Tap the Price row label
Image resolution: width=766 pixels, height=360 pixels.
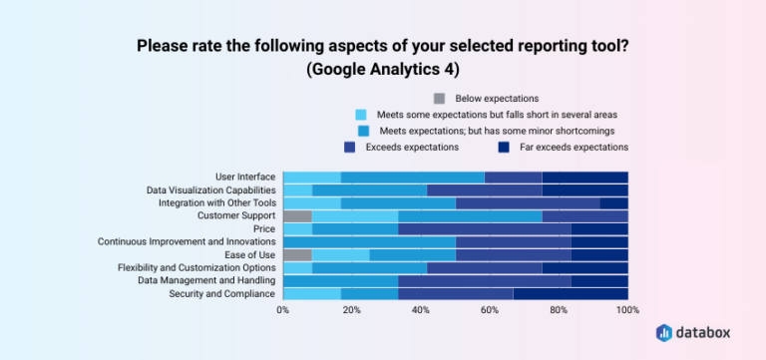tap(263, 228)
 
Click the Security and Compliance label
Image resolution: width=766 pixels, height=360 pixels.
tap(221, 293)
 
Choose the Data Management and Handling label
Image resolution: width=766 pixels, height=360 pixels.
tap(204, 280)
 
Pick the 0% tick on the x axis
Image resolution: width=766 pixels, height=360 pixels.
tap(283, 311)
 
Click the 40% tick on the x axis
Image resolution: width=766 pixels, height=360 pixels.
tap(421, 311)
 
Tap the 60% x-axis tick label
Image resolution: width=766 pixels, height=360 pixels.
tap(490, 311)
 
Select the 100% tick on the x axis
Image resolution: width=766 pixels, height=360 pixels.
tap(626, 311)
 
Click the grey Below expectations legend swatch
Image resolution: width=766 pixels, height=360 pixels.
tap(440, 98)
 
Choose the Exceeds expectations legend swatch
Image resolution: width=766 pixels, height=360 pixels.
tap(350, 147)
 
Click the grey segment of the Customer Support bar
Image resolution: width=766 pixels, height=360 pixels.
tap(297, 215)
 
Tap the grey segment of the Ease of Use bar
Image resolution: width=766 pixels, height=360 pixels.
tap(297, 254)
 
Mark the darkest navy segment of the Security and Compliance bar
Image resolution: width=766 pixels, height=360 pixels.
tap(571, 293)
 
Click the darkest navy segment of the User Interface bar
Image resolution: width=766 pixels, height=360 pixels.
tap(584, 177)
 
